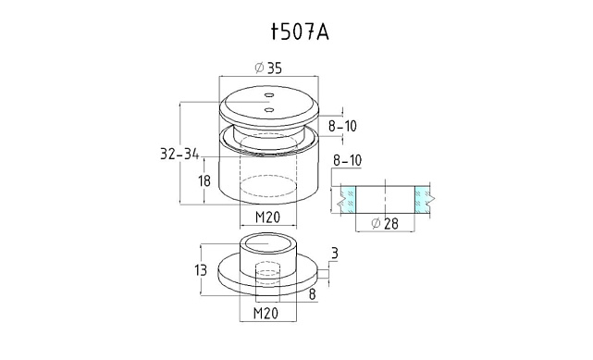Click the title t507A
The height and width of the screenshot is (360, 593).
[300, 32]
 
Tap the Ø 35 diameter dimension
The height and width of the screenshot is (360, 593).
[268, 68]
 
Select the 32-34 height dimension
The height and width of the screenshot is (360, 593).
[179, 154]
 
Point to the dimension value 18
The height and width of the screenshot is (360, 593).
[204, 180]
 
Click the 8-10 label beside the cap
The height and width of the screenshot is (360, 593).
[342, 126]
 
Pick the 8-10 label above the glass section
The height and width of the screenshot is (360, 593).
[347, 160]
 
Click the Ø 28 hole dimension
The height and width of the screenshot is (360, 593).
[385, 223]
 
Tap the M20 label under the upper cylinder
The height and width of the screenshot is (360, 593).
[267, 217]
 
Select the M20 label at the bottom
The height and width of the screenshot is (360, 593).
[266, 313]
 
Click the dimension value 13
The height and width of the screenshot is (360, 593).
[201, 270]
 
